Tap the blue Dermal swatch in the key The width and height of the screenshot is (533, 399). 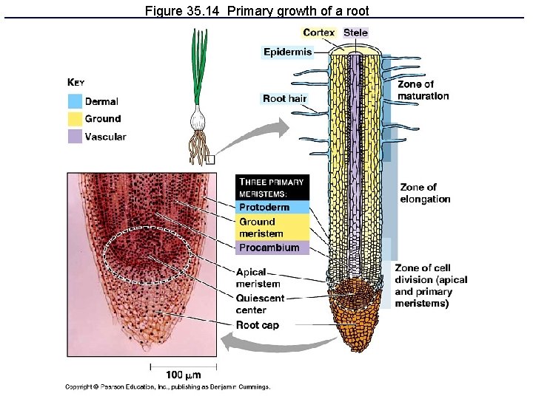75,101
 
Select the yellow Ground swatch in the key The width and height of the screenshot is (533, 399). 75,119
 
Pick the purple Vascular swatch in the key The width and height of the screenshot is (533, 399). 75,137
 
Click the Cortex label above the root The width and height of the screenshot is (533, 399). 319,33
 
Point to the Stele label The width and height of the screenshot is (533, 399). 355,33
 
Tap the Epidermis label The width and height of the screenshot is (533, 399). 287,52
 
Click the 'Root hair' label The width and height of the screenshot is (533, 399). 284,98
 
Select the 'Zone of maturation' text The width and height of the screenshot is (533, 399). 423,90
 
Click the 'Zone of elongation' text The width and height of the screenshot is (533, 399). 425,193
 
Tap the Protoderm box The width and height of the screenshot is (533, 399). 272,207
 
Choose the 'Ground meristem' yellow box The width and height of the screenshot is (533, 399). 272,228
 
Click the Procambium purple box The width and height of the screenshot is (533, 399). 272,248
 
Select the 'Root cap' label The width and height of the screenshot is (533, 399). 257,325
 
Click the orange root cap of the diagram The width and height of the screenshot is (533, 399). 359,318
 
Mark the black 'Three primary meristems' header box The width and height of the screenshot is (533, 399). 272,187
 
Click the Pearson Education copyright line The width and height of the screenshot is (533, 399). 168,386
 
